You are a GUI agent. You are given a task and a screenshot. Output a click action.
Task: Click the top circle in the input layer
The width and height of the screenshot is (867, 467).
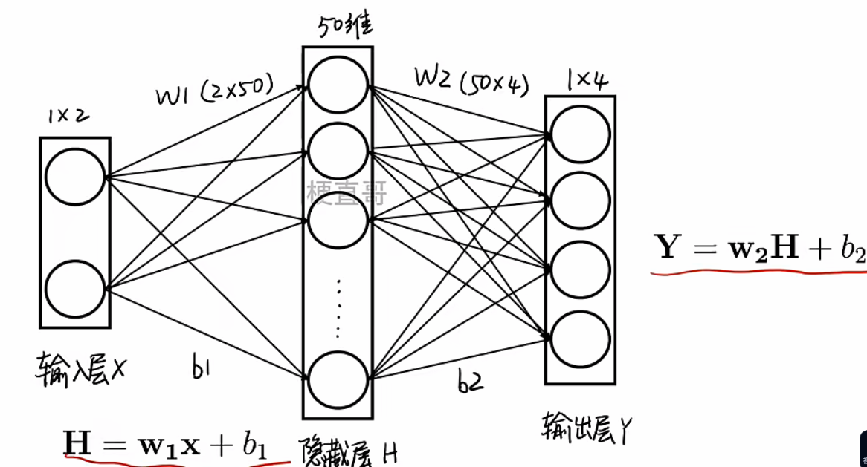coord(74,177)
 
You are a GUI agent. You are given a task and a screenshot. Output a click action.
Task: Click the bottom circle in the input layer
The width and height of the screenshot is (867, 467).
coord(74,287)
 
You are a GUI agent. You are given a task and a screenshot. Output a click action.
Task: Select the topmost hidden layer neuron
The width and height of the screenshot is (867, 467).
coord(338,84)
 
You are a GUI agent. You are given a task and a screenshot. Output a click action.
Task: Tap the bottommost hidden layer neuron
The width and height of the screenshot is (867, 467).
coord(338,381)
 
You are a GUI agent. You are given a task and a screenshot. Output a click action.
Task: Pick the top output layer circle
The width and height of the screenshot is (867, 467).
coord(581,134)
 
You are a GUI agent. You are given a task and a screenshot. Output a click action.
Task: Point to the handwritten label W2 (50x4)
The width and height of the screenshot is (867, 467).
coord(471,81)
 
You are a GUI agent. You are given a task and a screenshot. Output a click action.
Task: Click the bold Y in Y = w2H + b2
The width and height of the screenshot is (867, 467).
coord(669,248)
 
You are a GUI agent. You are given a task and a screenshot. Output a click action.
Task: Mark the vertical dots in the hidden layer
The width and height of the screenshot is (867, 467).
coord(338,307)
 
